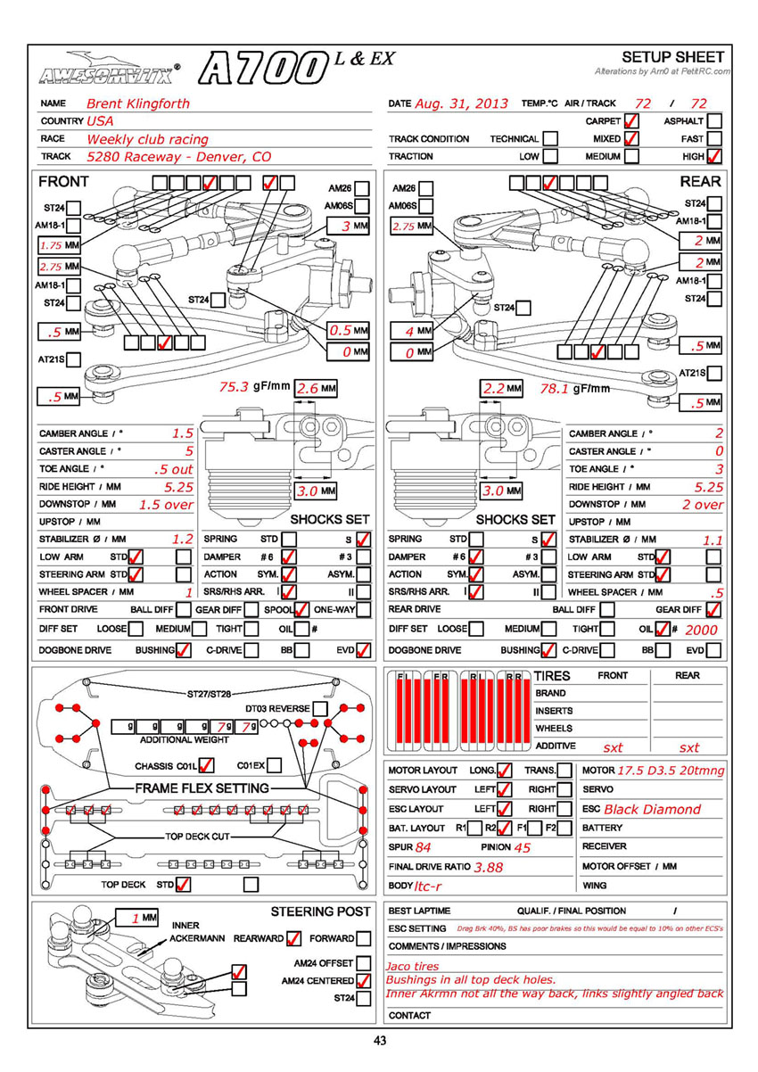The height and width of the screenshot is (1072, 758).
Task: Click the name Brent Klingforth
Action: click(138, 103)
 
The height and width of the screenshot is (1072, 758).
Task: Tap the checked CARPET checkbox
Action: click(631, 121)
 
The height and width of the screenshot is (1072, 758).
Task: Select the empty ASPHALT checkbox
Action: click(714, 121)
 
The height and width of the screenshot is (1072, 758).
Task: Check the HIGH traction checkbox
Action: click(714, 157)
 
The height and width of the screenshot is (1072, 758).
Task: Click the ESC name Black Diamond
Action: click(653, 810)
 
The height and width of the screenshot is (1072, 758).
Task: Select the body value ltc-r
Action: click(427, 886)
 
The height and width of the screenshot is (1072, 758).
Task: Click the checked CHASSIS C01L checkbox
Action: click(207, 765)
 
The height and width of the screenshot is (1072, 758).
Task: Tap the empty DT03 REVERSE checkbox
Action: click(320, 709)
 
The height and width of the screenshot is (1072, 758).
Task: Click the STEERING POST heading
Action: click(320, 911)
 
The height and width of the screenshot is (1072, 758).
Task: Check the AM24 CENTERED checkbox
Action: click(364, 981)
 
